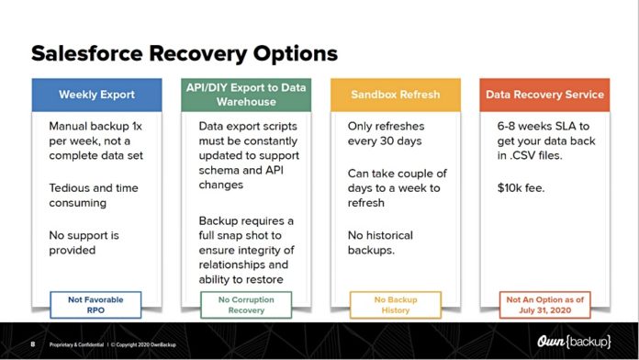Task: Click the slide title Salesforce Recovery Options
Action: (x=184, y=52)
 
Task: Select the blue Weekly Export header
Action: (x=97, y=94)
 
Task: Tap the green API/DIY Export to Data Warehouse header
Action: (x=245, y=95)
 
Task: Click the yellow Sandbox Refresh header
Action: (x=394, y=94)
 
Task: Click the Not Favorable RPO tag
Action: (x=96, y=303)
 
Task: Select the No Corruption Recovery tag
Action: (x=245, y=303)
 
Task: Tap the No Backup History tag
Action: (x=394, y=303)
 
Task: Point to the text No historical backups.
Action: (x=384, y=243)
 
